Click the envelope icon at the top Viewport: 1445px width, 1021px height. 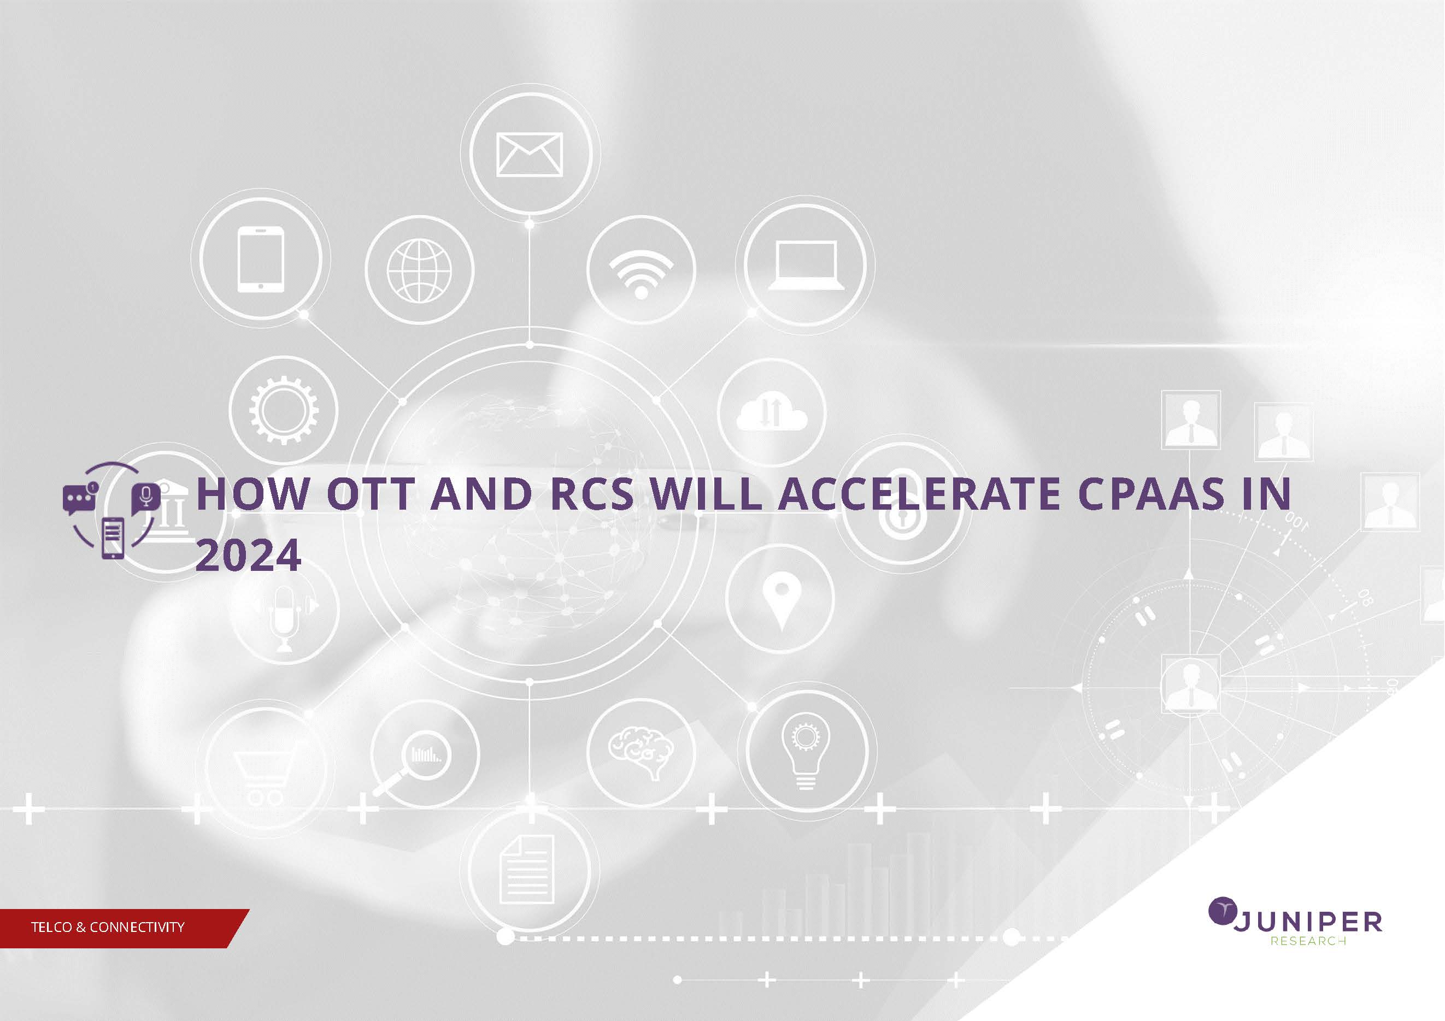pos(529,155)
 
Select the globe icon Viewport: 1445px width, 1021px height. pos(419,270)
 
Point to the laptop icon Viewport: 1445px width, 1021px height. pos(806,266)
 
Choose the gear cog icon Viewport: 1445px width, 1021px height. pos(284,410)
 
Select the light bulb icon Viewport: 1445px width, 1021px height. pos(806,753)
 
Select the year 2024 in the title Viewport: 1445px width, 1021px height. pos(248,556)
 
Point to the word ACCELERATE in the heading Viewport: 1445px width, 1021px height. pos(919,493)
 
